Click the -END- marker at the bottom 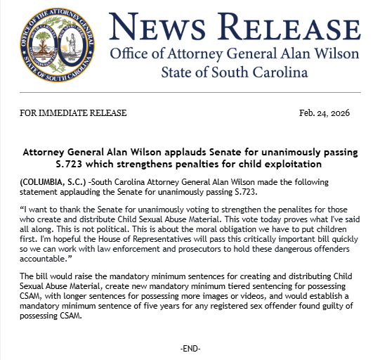(x=190, y=349)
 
